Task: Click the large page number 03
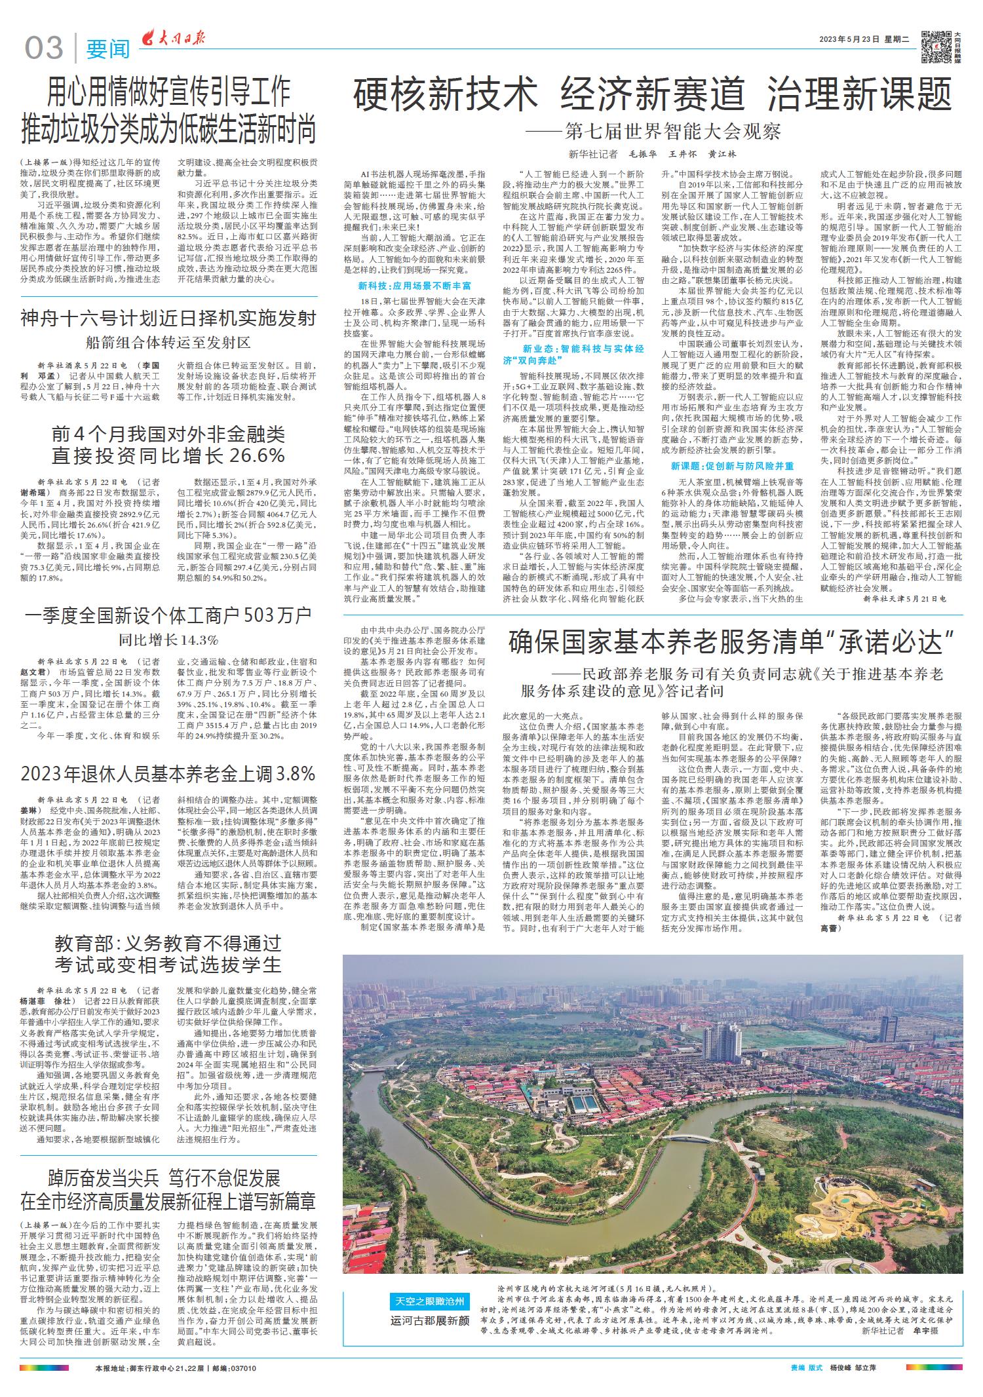tap(45, 48)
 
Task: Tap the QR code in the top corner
tap(935, 47)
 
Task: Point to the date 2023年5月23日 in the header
tap(848, 39)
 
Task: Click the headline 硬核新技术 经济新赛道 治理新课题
tap(652, 94)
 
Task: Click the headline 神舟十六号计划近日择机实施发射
tap(168, 318)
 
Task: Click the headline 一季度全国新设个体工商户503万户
tap(168, 615)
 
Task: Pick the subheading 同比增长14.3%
tap(168, 640)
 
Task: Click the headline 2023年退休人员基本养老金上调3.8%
tap(168, 774)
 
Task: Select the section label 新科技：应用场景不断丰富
tap(414, 286)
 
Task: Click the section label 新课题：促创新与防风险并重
tap(732, 466)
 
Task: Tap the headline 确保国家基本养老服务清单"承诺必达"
tap(730, 643)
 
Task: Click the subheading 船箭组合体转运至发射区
tap(168, 343)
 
